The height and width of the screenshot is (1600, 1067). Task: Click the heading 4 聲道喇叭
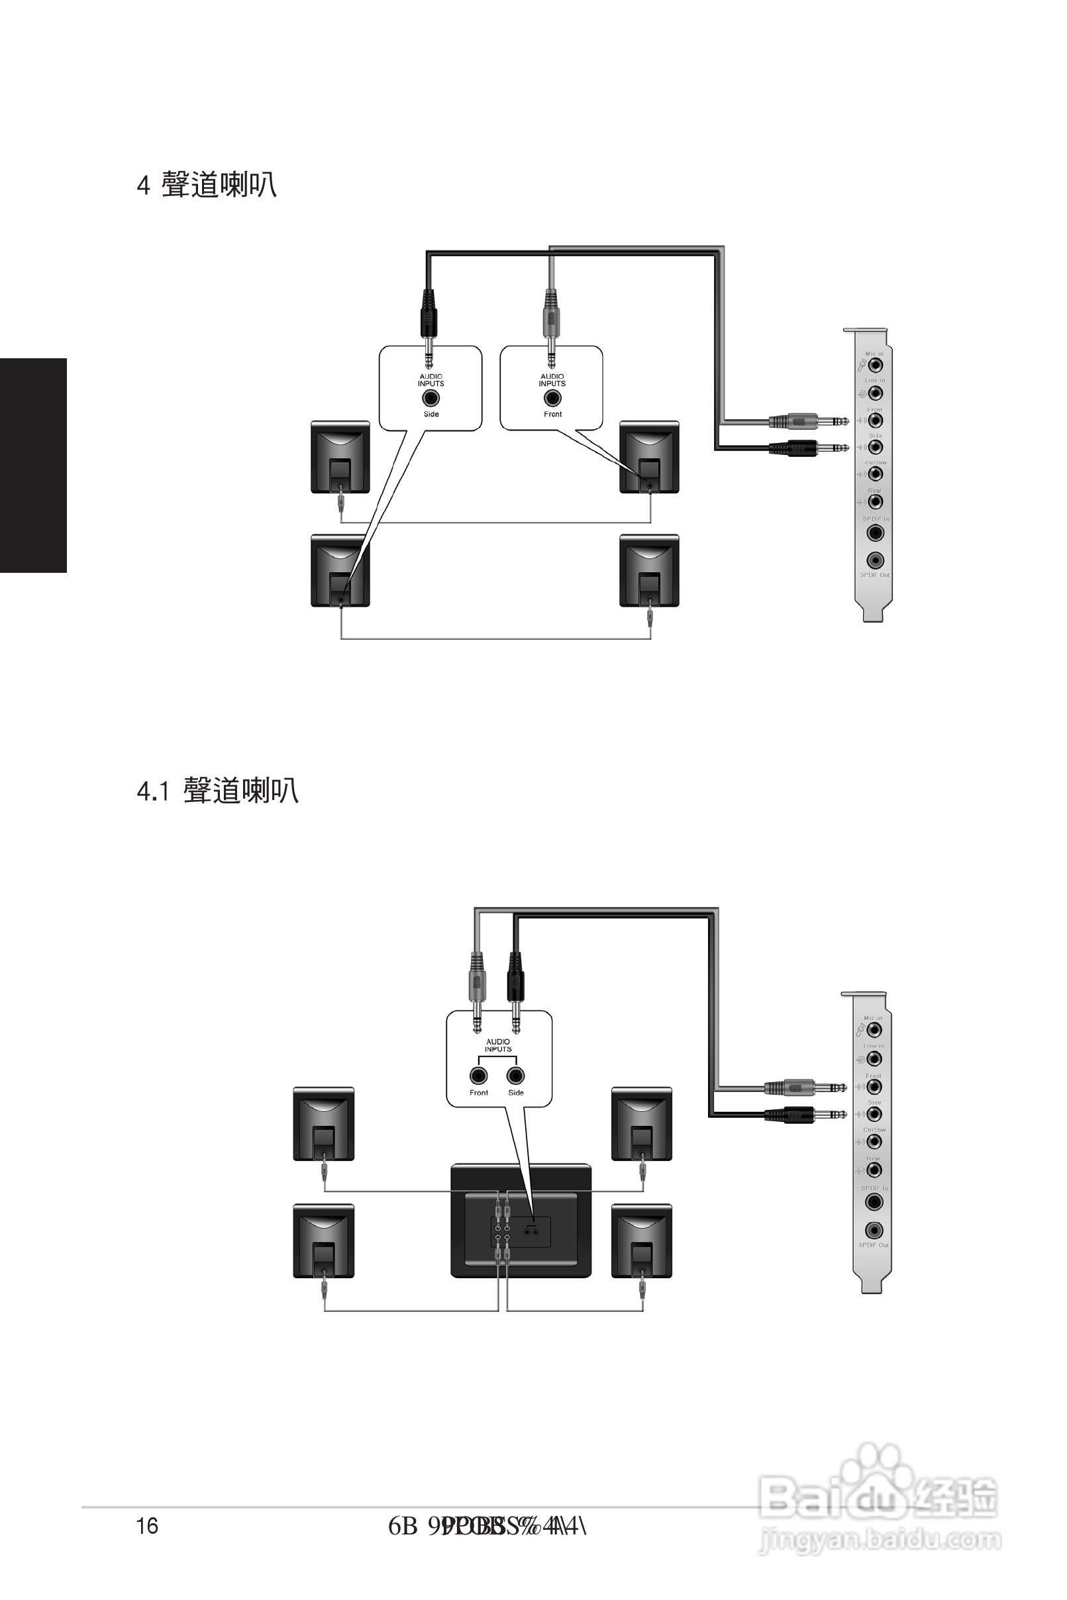coord(207,185)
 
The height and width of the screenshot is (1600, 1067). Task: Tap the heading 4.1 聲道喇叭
coord(218,791)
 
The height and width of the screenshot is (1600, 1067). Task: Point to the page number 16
coord(147,1526)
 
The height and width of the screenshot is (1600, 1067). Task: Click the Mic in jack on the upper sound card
coord(875,366)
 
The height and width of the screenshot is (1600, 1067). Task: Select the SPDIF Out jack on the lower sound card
coord(874,1230)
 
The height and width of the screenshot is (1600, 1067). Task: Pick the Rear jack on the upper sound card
coord(875,502)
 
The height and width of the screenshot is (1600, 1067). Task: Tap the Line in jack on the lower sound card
coord(874,1058)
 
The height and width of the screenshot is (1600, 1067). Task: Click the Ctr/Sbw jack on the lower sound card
coord(874,1142)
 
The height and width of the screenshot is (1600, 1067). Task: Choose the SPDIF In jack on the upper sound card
coord(875,532)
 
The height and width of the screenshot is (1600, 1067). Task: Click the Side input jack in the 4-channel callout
coord(431,399)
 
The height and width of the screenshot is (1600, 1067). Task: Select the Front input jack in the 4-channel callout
coord(552,399)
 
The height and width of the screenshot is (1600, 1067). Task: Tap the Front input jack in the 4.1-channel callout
coord(478,1075)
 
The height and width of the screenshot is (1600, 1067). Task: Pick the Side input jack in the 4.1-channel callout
coord(516,1075)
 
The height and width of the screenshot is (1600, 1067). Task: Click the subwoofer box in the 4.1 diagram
coord(521,1221)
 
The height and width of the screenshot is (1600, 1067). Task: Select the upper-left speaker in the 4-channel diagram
coord(340,457)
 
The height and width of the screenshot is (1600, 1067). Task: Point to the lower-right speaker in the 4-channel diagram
coord(649,571)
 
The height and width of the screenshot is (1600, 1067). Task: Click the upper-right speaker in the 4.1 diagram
coord(642,1123)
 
